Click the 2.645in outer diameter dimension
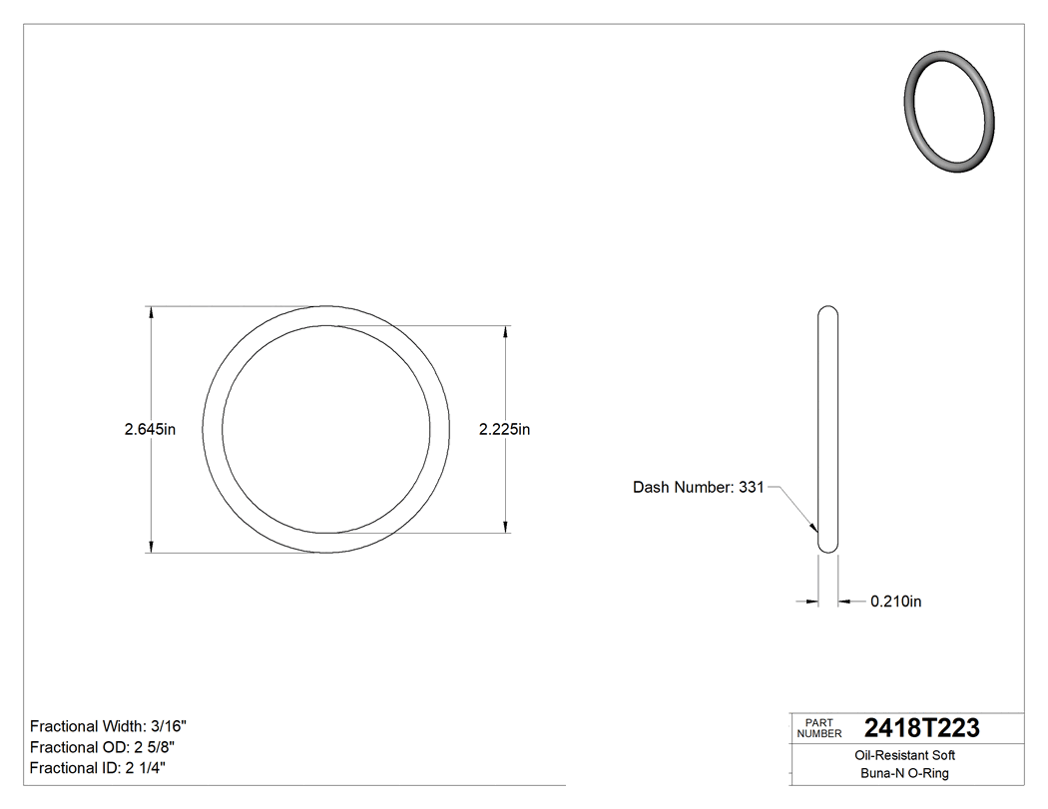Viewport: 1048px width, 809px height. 150,430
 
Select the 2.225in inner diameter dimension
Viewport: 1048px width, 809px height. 504,430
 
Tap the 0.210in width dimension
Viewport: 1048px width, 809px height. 895,602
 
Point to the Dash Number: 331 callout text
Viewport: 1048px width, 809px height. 698,488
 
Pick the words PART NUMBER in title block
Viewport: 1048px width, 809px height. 818,728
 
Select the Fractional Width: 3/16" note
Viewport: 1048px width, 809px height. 109,726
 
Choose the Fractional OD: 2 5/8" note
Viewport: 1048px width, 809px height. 105,747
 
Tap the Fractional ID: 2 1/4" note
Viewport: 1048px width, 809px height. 98,768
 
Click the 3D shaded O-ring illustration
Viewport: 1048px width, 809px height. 949,112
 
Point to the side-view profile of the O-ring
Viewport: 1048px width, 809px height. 827,429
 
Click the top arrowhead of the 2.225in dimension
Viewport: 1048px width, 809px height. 507,332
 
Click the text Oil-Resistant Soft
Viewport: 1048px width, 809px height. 906,756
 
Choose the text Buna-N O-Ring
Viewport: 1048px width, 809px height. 906,774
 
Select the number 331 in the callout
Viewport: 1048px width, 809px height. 751,488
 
